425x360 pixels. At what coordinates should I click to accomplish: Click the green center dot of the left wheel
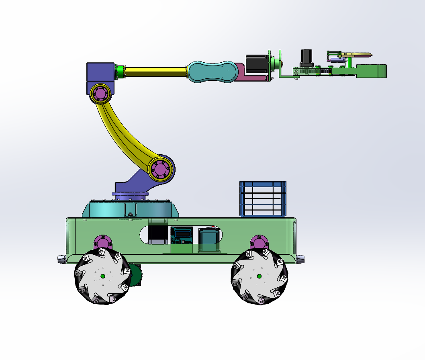click(x=103, y=276)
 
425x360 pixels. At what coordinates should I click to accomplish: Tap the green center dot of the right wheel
click(x=259, y=276)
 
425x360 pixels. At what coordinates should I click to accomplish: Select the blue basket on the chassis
click(x=263, y=199)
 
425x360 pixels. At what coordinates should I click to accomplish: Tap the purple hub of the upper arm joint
click(x=100, y=94)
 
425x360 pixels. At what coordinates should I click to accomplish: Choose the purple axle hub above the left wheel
click(x=102, y=243)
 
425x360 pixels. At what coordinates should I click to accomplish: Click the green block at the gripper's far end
click(x=372, y=71)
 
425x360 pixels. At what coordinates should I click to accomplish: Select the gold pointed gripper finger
click(x=358, y=54)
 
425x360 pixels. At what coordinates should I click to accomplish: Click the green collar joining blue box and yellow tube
click(x=119, y=72)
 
